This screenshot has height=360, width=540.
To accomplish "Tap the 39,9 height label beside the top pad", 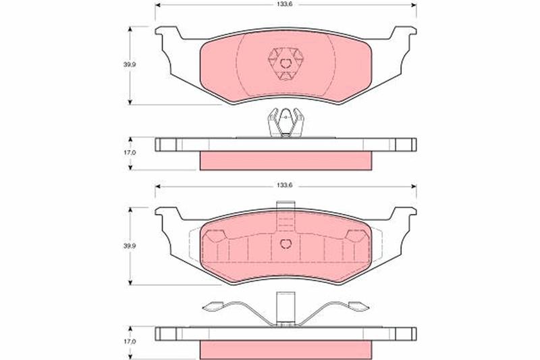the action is point(130,64).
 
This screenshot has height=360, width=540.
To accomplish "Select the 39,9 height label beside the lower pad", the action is point(130,246).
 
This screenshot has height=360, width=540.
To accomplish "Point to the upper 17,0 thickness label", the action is point(130,153).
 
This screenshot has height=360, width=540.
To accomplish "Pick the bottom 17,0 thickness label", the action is point(130,341).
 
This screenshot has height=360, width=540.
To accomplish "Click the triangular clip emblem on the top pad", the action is point(286,64).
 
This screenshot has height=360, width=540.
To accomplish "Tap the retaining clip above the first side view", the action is point(286,122).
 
